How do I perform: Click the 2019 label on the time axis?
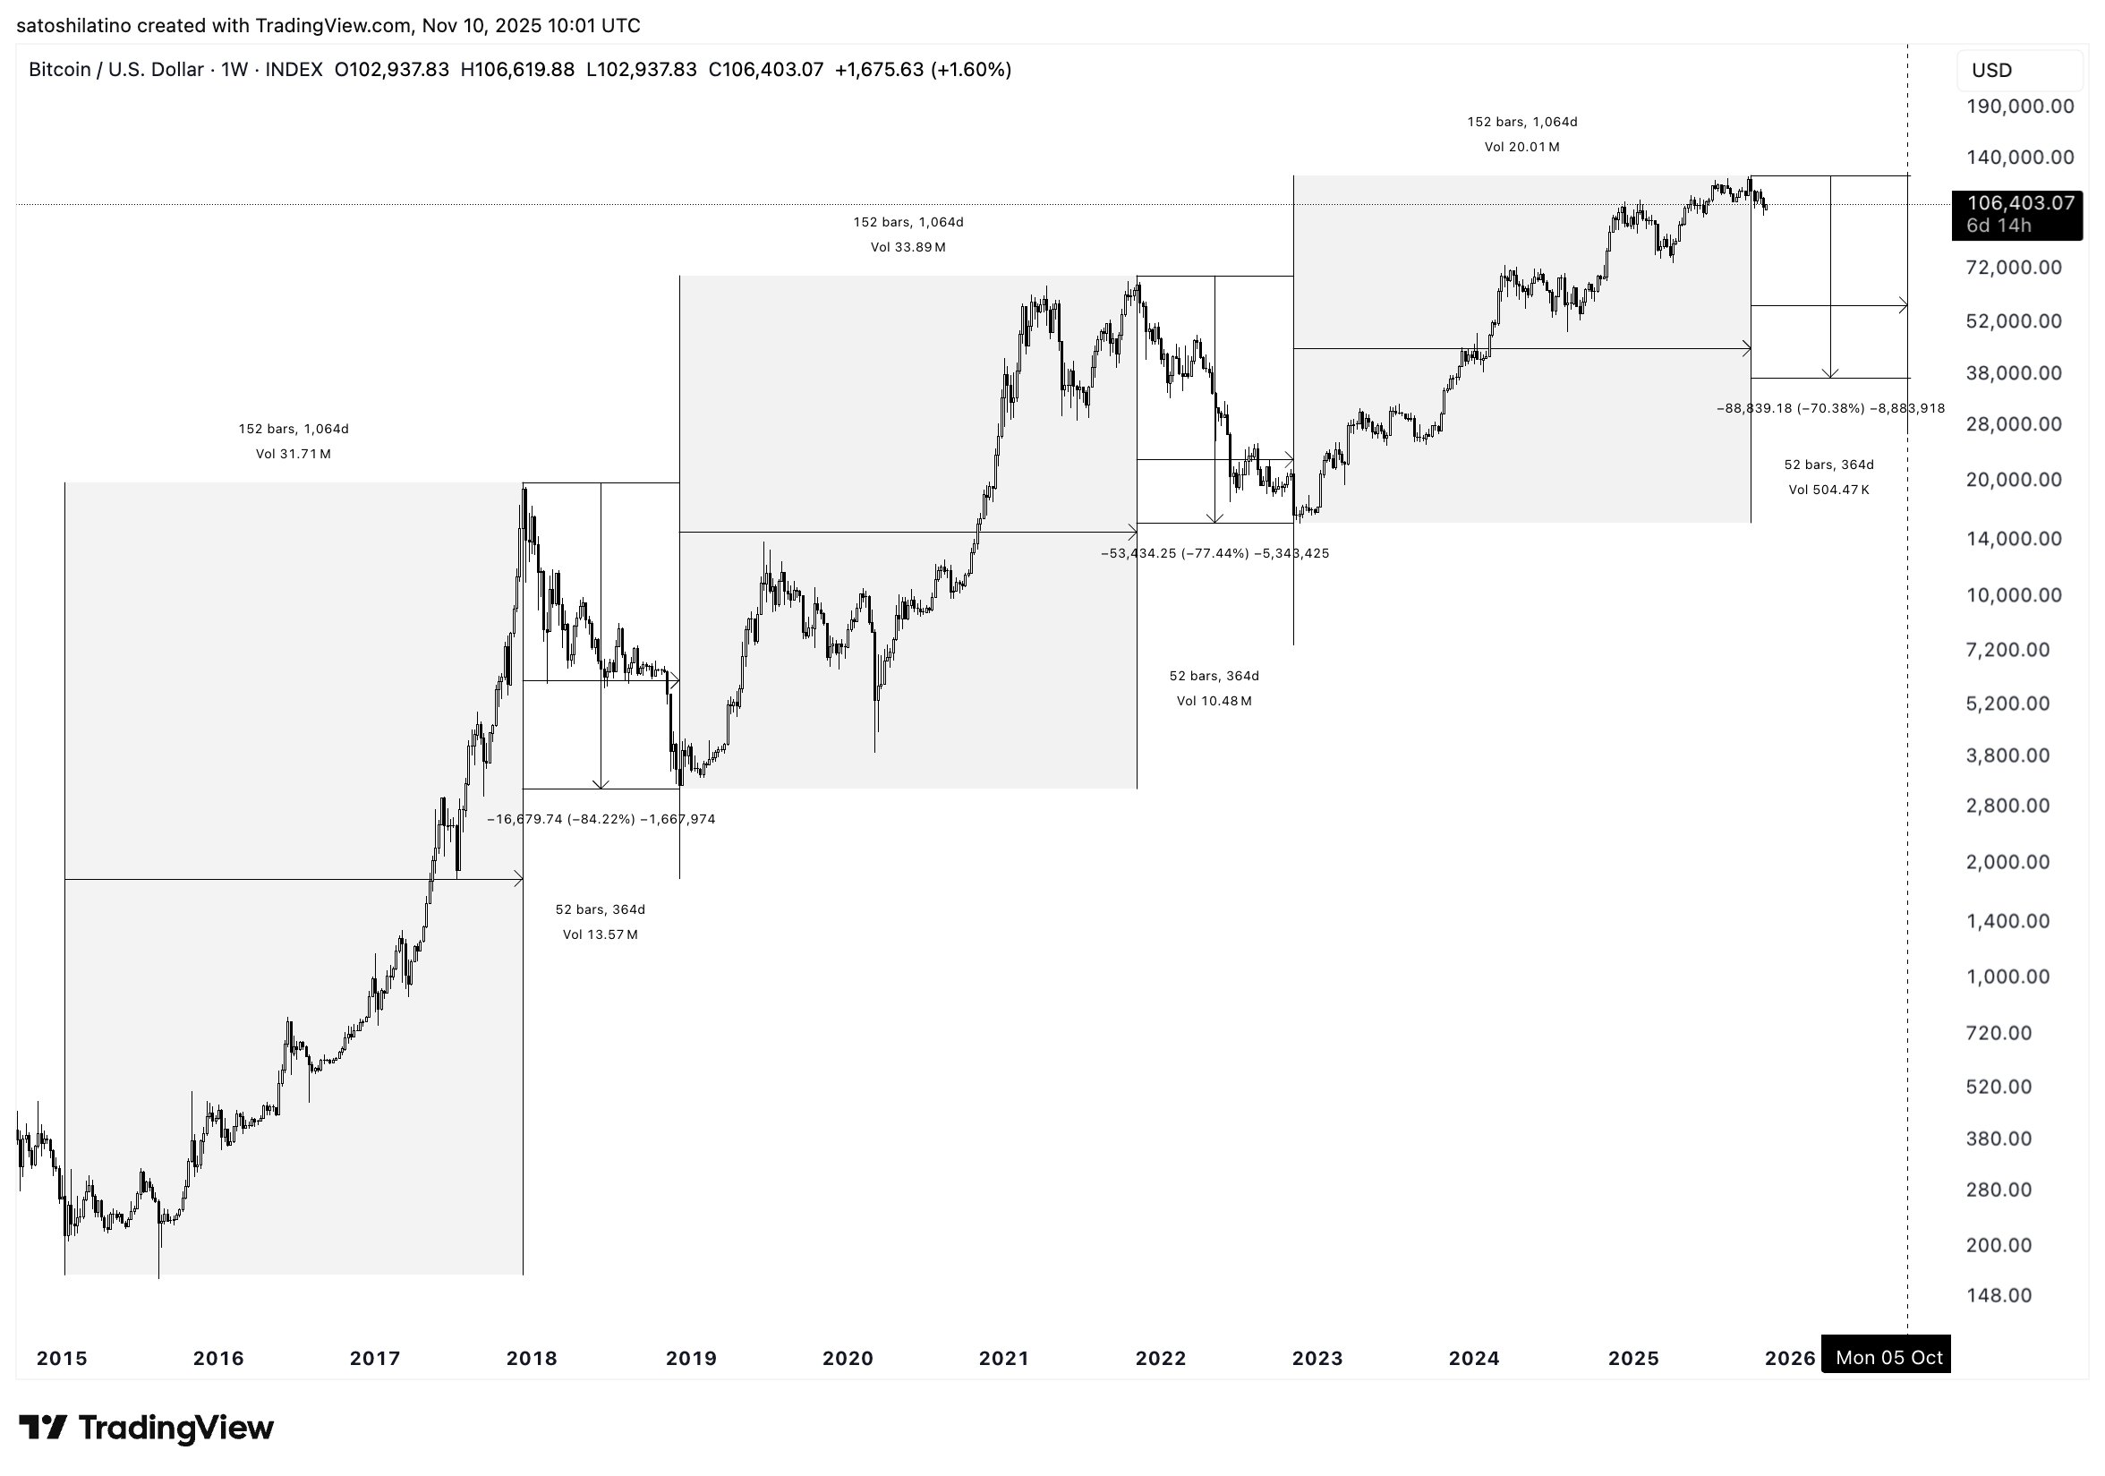690,1358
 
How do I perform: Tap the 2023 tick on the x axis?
1317,1358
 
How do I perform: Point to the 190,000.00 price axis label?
2020,107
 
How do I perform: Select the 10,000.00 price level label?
2014,595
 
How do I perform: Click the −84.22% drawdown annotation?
601,820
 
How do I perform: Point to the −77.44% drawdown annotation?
1214,554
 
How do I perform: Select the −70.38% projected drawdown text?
1830,409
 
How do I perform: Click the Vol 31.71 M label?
294,454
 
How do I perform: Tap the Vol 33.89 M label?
908,248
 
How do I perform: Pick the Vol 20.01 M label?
1521,147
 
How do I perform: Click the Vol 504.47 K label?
1828,490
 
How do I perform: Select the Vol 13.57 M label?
600,935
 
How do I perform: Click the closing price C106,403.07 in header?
765,70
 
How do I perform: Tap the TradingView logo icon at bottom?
42,1428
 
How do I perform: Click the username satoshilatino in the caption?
74,26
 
